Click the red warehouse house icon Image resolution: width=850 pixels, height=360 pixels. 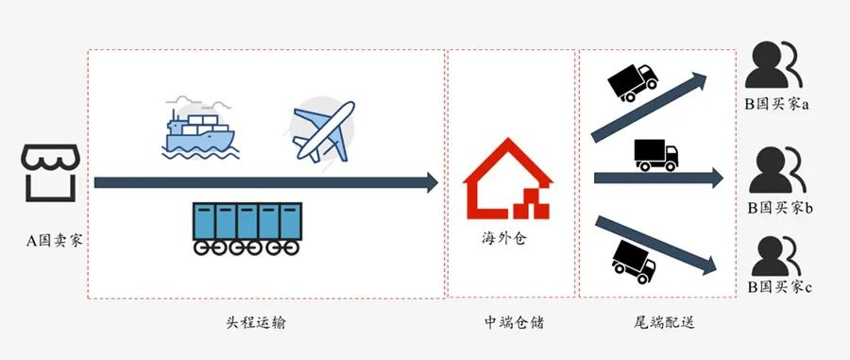point(507,180)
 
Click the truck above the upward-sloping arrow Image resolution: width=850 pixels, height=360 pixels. point(632,82)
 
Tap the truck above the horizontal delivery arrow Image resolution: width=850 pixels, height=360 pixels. point(654,154)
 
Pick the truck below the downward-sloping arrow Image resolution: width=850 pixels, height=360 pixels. point(634,260)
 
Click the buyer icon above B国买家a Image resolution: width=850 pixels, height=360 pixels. point(773,66)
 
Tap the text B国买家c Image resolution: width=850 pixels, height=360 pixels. point(780,286)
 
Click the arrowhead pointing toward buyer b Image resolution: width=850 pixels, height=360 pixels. point(716,178)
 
